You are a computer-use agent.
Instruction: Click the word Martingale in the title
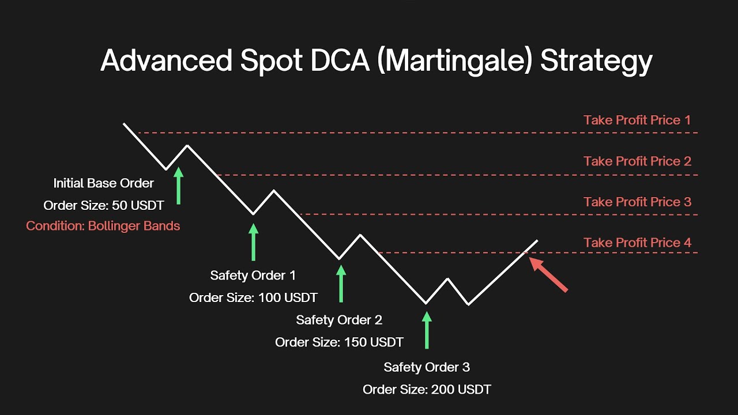click(x=452, y=61)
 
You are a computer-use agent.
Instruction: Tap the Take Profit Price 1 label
click(x=637, y=120)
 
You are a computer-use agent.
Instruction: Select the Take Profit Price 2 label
click(x=637, y=161)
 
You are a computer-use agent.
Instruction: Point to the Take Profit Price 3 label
click(x=637, y=202)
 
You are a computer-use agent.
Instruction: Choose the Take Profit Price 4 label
click(x=637, y=243)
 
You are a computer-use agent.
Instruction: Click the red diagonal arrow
click(x=549, y=275)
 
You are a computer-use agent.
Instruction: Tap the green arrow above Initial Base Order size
click(x=178, y=186)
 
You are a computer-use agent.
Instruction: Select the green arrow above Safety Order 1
click(x=253, y=242)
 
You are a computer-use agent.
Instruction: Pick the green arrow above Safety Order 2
click(x=341, y=283)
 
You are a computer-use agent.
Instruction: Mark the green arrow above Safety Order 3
click(x=427, y=330)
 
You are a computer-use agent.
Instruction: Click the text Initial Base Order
click(x=104, y=183)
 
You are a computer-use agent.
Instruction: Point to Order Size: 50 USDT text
click(x=104, y=205)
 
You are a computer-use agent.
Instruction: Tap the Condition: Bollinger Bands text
click(x=103, y=226)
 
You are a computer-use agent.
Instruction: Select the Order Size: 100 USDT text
click(x=253, y=297)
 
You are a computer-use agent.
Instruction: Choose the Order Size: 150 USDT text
click(x=339, y=342)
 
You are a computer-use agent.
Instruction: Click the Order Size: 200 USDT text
click(x=427, y=390)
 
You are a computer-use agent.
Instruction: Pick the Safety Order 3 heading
click(x=427, y=367)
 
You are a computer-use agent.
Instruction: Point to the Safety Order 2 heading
click(x=339, y=320)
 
